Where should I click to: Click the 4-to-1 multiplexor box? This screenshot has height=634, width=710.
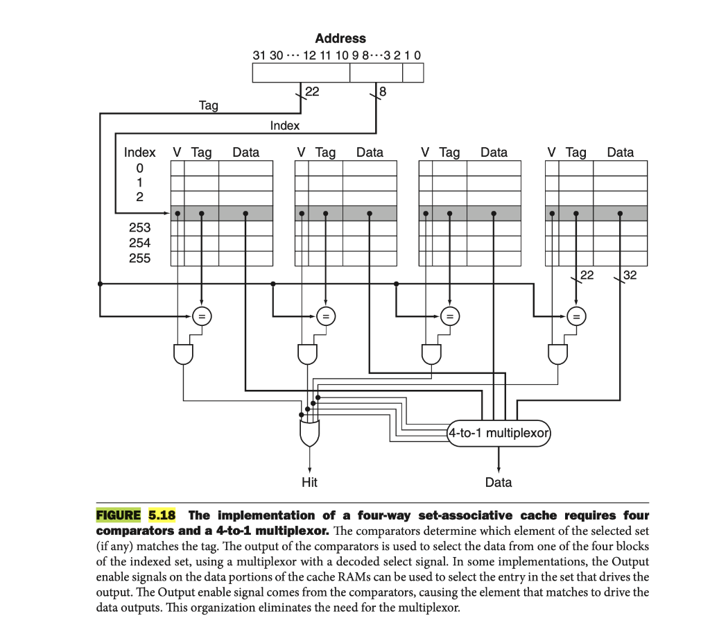pos(499,434)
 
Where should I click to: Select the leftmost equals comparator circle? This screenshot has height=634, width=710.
pos(201,316)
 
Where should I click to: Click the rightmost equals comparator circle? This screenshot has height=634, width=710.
pos(575,316)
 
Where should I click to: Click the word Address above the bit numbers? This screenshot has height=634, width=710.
pos(340,39)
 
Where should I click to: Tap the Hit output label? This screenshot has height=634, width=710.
pos(309,482)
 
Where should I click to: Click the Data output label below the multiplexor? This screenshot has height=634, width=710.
pos(499,482)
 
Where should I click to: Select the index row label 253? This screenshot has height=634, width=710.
pos(139,228)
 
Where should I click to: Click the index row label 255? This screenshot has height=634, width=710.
pos(139,258)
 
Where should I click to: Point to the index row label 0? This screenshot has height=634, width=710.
pos(139,168)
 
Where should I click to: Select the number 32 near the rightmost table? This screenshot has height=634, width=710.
pos(630,275)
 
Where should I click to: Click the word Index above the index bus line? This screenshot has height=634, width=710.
pos(284,126)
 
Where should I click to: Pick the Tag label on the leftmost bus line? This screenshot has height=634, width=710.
pos(208,105)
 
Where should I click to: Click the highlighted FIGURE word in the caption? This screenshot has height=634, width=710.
pos(118,515)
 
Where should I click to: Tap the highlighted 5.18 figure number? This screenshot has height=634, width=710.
pos(162,515)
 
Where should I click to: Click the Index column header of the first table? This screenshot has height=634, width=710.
pos(139,153)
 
